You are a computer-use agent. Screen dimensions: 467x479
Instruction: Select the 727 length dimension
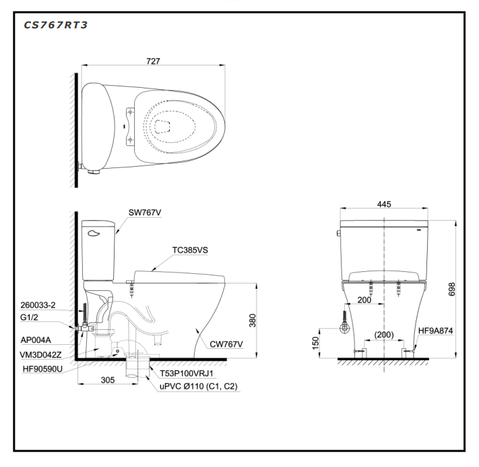click(x=154, y=61)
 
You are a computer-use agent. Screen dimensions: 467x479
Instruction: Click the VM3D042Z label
click(x=40, y=354)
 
